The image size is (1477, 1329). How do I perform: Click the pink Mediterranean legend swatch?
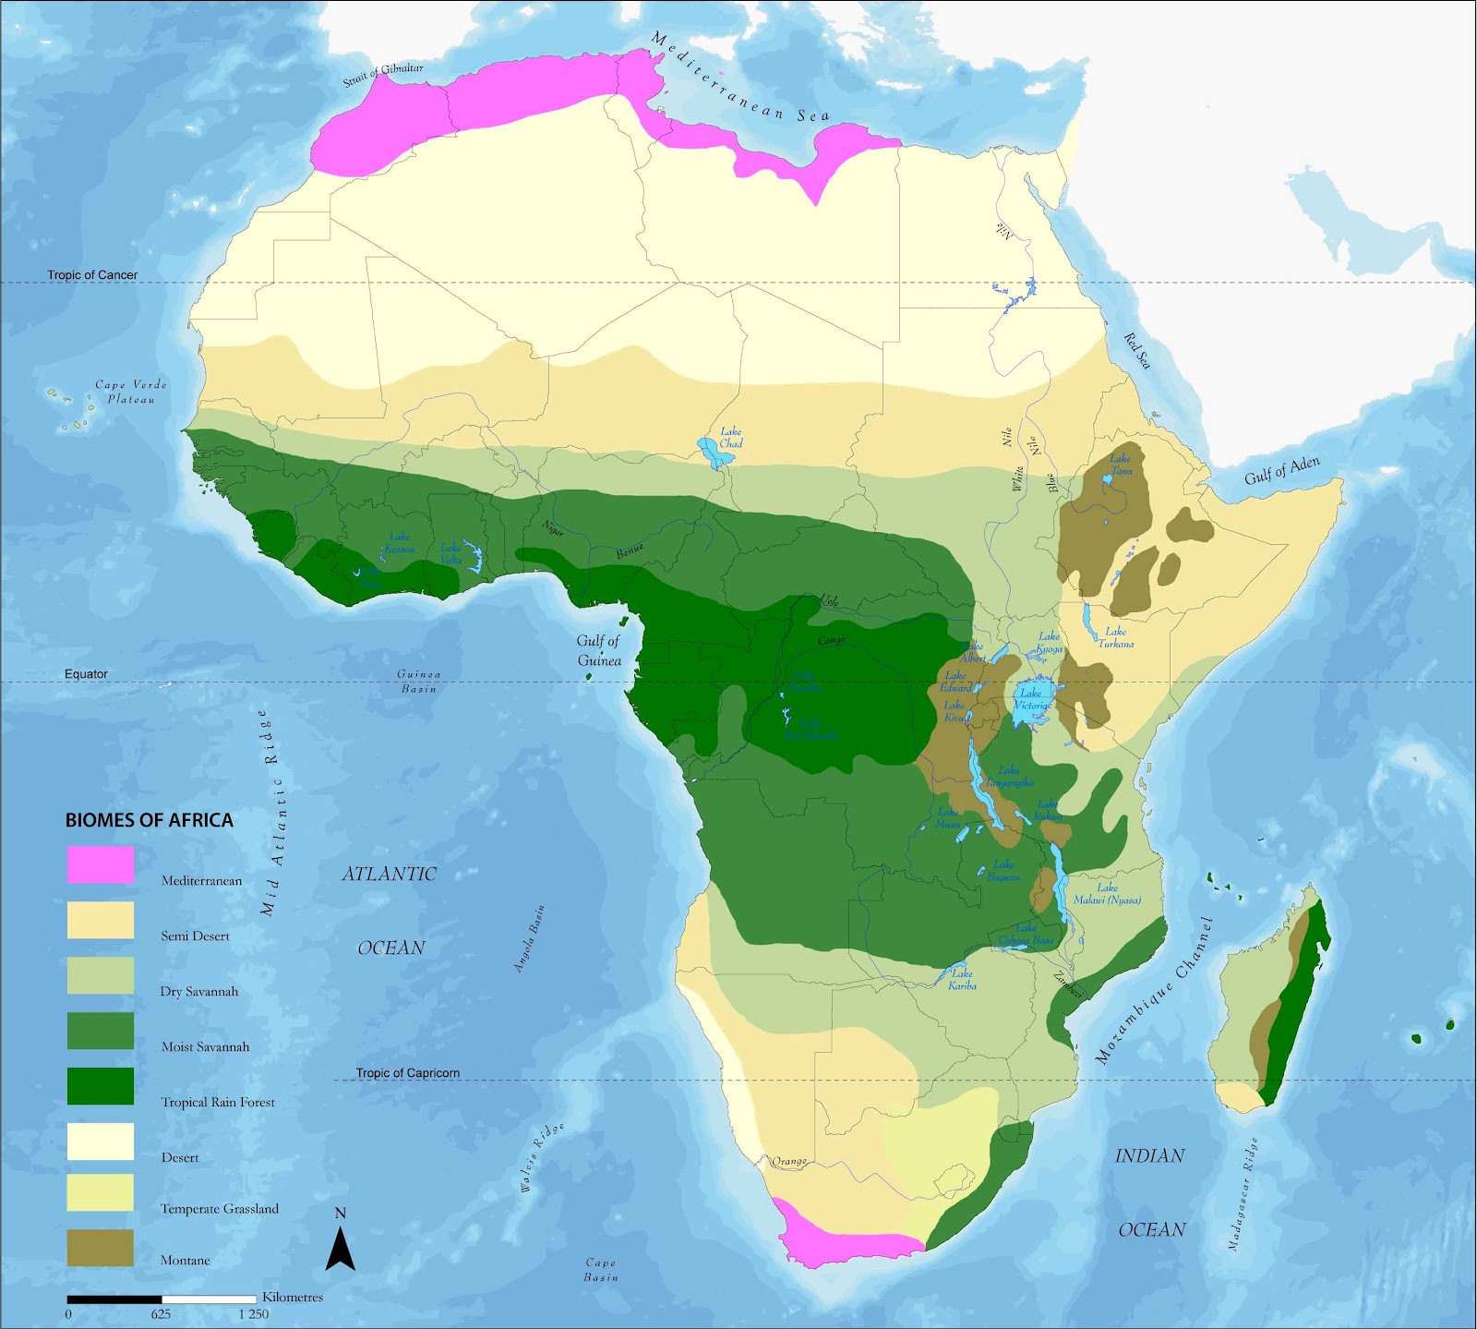click(100, 864)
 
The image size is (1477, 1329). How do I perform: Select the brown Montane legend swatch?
click(100, 1248)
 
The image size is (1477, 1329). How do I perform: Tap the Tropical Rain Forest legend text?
click(218, 1102)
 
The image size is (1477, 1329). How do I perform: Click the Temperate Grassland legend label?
click(219, 1208)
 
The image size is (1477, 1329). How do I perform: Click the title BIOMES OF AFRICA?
click(149, 820)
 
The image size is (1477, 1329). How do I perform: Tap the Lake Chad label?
click(730, 437)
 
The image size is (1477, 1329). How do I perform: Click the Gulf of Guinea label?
click(599, 650)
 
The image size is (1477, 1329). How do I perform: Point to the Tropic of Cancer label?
click(92, 275)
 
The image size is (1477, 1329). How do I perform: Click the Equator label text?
click(86, 674)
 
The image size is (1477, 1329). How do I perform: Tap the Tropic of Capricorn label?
click(407, 1073)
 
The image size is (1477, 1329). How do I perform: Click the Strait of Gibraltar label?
click(383, 75)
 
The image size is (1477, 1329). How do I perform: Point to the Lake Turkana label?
click(1115, 637)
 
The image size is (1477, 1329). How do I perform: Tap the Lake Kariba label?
click(962, 979)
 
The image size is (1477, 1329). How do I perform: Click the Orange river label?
click(789, 1161)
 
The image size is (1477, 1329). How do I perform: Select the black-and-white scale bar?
click(162, 1299)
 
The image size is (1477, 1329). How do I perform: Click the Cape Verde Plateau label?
click(131, 392)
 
